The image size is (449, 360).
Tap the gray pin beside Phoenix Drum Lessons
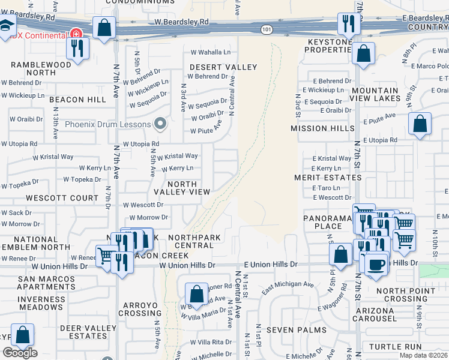[160, 124]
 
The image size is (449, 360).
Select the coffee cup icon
[376, 265]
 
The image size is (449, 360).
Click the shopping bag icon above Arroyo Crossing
[196, 294]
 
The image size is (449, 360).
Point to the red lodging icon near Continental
[76, 34]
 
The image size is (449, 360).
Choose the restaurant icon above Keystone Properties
[348, 23]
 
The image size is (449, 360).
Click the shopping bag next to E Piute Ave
[420, 124]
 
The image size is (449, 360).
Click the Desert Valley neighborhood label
[223, 67]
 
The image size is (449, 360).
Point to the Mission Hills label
[319, 128]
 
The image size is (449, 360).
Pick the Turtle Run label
[395, 347]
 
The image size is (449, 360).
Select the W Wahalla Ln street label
[211, 52]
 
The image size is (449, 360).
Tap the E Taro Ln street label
[326, 188]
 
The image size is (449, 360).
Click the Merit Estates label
[328, 178]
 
